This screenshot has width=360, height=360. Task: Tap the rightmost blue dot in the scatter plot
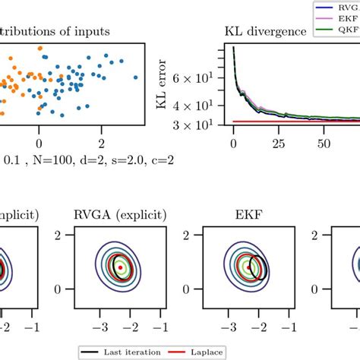(x=137, y=77)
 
